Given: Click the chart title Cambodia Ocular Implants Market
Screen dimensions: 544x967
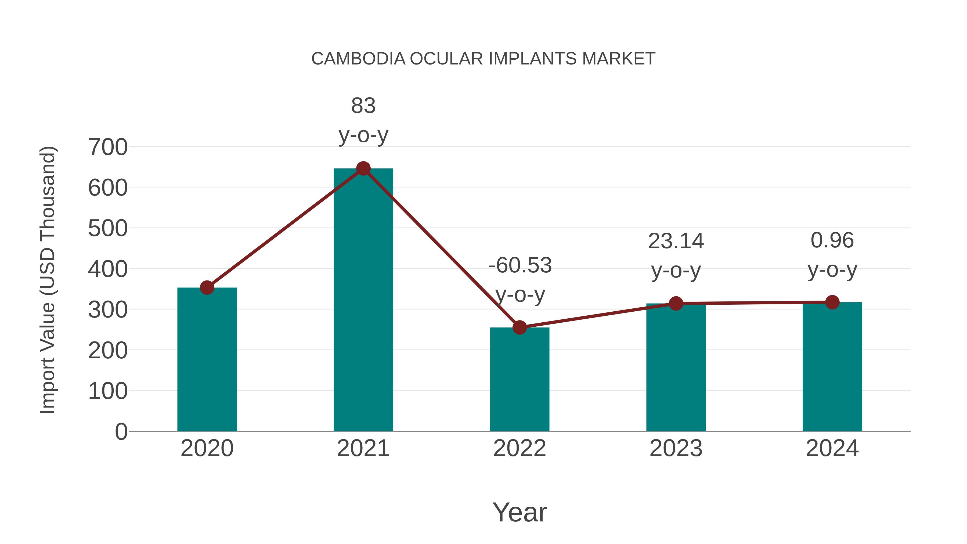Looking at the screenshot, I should click(483, 59).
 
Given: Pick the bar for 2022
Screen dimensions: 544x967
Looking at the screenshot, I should click(519, 379).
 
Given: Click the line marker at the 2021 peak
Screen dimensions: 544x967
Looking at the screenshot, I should click(363, 168).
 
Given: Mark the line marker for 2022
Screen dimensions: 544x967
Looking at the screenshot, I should click(519, 327).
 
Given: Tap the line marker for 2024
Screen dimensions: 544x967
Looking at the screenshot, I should click(832, 302).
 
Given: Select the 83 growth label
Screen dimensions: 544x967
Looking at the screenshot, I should click(363, 106).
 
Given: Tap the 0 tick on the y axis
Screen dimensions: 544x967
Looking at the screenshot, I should click(121, 431).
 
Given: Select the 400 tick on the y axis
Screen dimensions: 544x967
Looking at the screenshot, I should click(108, 269).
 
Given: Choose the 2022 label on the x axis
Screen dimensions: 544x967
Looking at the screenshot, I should click(519, 448).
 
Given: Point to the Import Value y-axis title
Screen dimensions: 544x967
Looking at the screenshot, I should click(48, 280).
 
